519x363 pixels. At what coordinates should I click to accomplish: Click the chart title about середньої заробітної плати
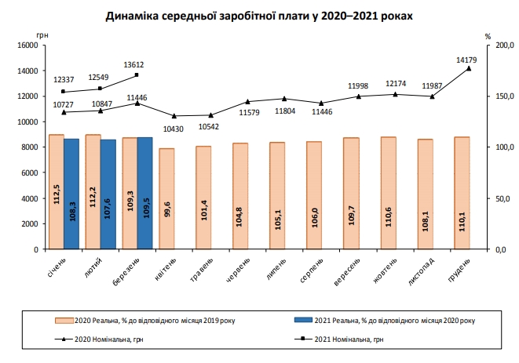coord(258,16)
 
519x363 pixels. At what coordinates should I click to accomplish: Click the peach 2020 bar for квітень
coord(166,198)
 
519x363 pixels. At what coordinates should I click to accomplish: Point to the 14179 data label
coord(467,59)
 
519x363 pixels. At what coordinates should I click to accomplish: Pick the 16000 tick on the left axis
coord(27,45)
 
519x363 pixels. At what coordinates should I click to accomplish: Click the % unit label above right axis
coord(488,35)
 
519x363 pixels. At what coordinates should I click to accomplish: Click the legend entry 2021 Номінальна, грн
coord(342,339)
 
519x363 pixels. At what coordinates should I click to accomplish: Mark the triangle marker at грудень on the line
coord(469,68)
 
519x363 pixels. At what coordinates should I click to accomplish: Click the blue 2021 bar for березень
coord(145,193)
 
